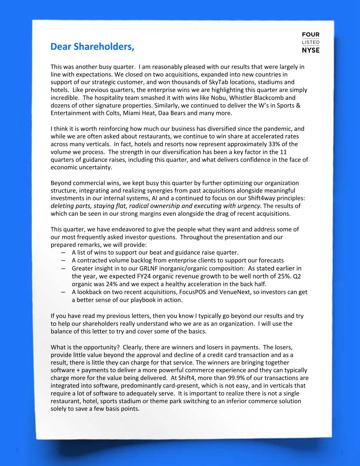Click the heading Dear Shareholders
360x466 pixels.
point(92,46)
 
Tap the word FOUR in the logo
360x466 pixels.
point(311,35)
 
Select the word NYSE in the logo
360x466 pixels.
point(311,50)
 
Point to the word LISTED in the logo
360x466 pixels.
point(311,42)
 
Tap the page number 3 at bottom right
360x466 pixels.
point(341,452)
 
